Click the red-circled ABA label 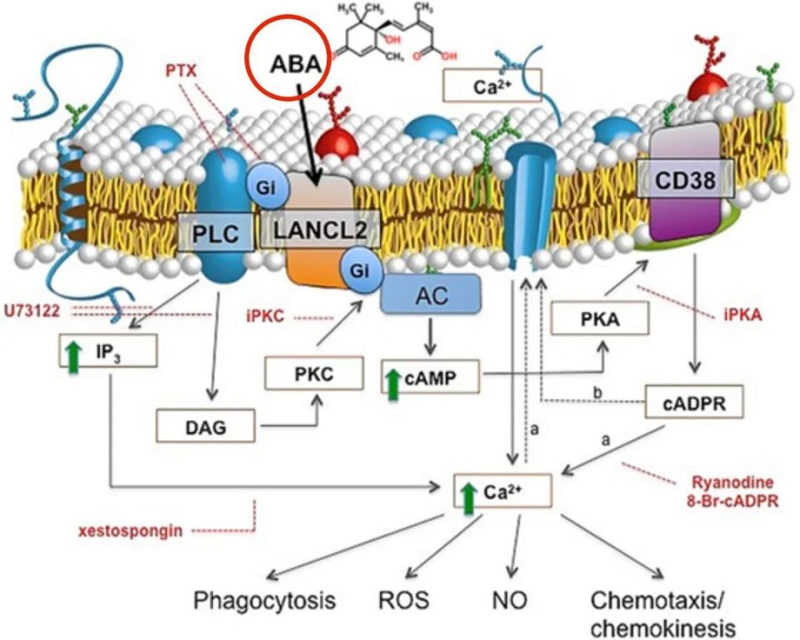point(288,67)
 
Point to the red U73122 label point(34,311)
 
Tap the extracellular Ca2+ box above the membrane point(493,84)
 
